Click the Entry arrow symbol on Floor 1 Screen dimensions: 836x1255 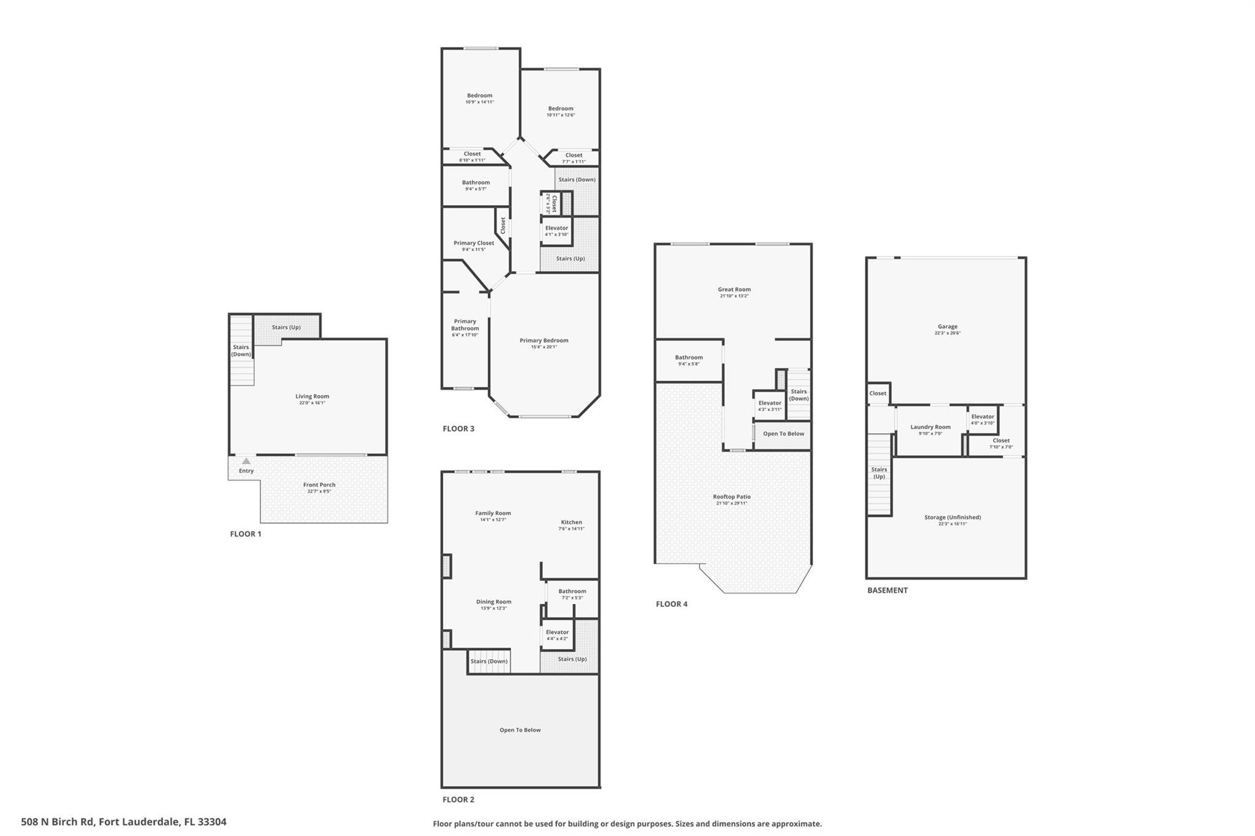pos(246,461)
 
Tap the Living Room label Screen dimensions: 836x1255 pos(312,396)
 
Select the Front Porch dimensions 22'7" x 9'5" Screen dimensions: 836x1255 pos(319,491)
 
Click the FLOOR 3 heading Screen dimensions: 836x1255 pos(458,429)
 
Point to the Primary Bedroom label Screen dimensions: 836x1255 pos(544,341)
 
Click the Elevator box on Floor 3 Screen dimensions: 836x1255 pos(556,231)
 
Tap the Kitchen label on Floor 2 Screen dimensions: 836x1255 pos(571,522)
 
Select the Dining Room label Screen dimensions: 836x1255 pos(493,601)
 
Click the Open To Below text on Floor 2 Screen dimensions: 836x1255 pos(520,730)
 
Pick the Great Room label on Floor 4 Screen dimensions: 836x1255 pos(734,289)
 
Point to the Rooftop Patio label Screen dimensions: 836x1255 pos(732,497)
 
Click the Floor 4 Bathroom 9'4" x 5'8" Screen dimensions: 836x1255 pos(689,360)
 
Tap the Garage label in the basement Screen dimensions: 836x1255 pos(947,326)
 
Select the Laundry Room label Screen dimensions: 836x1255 pos(930,427)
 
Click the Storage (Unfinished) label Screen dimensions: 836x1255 pos(952,517)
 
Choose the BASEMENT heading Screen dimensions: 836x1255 pos(887,590)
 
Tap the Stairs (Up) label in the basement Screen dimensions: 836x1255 pos(879,473)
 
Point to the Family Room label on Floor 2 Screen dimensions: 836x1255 pos(493,513)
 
